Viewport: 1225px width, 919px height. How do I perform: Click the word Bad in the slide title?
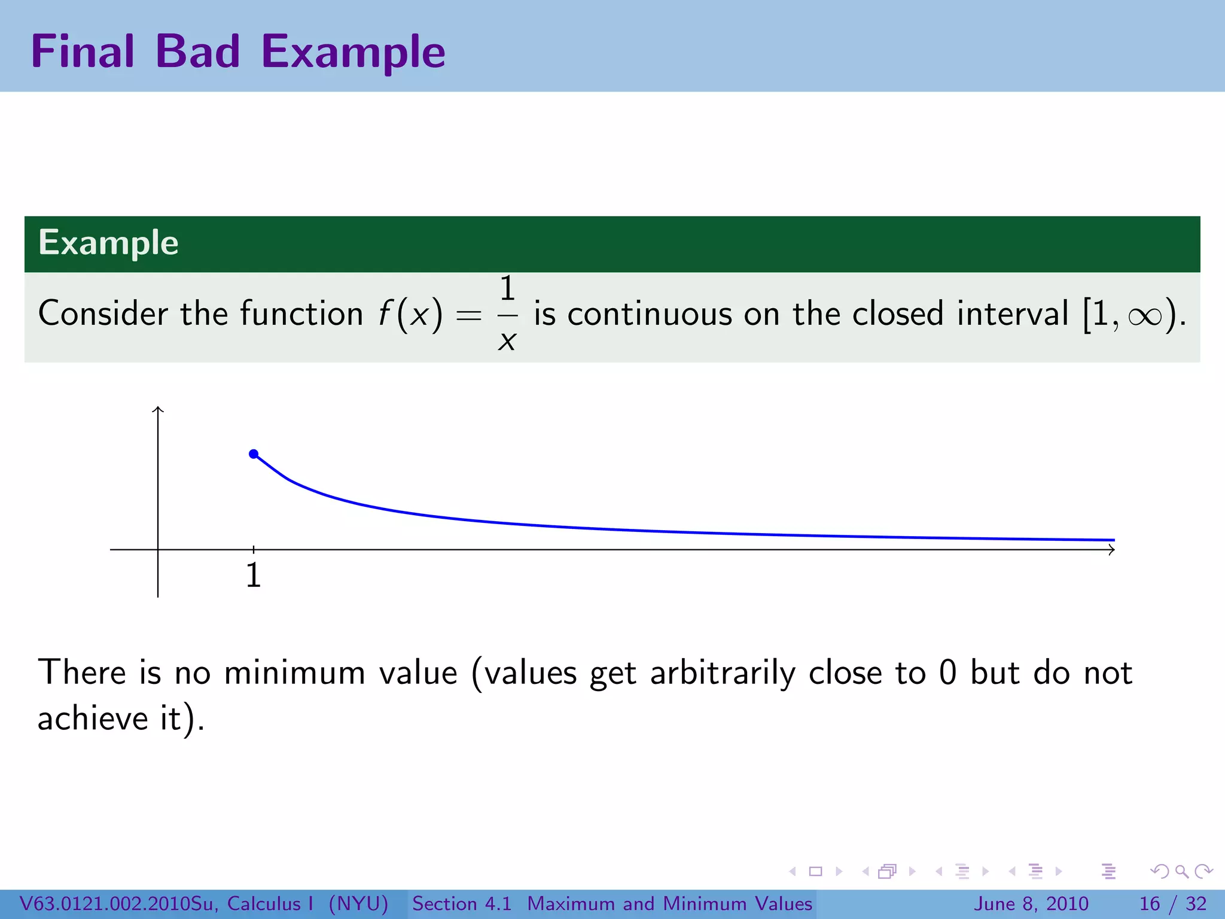(197, 51)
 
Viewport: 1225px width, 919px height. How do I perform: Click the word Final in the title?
(83, 51)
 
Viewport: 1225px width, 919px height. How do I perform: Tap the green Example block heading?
(108, 243)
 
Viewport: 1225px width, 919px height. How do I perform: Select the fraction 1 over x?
(507, 314)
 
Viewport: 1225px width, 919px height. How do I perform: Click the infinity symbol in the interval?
(1144, 316)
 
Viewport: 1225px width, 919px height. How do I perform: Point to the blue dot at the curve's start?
(254, 454)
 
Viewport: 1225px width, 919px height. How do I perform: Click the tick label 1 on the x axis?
(254, 576)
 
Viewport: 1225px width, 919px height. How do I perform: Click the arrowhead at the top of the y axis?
(158, 410)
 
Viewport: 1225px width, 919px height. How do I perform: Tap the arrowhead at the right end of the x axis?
(1111, 549)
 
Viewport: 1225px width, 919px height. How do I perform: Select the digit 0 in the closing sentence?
(947, 672)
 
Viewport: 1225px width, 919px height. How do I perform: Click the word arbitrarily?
(723, 674)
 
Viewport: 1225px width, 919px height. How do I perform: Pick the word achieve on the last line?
(92, 718)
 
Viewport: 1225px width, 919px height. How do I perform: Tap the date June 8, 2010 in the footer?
(1031, 903)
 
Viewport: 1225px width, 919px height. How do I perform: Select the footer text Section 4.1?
(462, 903)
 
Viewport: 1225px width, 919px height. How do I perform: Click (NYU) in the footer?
(359, 903)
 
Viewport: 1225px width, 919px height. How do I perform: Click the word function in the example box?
(301, 314)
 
